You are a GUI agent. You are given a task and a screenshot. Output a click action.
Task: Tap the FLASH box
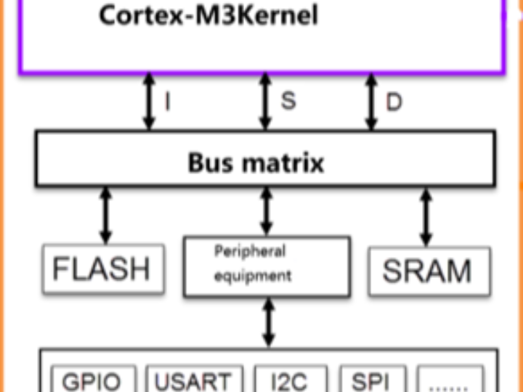pos(102,269)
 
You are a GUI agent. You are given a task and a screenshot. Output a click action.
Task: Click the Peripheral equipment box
pos(267,266)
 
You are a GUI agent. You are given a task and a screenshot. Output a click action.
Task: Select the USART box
pos(192,381)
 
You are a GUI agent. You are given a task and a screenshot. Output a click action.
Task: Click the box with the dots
pos(450,381)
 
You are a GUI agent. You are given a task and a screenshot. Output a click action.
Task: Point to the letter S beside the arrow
pos(288,99)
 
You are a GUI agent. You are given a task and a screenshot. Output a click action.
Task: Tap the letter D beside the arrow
pos(394,102)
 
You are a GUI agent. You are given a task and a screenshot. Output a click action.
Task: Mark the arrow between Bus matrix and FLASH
pos(107,215)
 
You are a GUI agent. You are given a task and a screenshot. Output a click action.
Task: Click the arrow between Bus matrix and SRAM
pos(426,216)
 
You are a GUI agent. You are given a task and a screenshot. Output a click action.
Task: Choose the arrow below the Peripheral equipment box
pos(269,323)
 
